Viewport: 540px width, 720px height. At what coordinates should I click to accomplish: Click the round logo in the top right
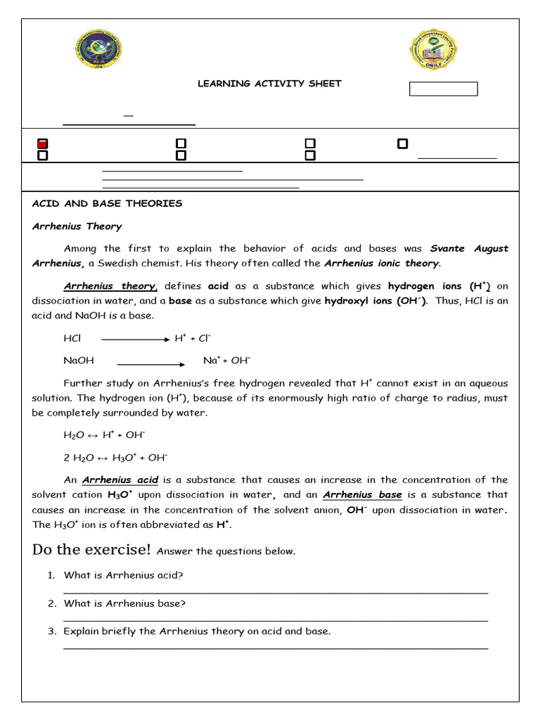[x=435, y=50]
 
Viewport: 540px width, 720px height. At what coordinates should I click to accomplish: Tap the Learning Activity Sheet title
[x=269, y=84]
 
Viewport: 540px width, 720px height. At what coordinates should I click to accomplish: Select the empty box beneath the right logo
[x=443, y=89]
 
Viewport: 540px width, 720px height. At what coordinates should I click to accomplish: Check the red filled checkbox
[x=42, y=144]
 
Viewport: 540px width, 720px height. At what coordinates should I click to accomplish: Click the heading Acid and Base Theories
[x=107, y=204]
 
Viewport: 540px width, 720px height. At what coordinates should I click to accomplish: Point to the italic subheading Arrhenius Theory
[x=77, y=226]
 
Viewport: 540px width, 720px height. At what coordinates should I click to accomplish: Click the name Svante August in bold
[x=469, y=249]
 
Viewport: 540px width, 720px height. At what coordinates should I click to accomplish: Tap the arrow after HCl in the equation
[x=136, y=339]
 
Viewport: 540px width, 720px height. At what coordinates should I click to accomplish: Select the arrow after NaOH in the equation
[x=150, y=364]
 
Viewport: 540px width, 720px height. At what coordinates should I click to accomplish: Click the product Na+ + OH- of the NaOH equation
[x=226, y=361]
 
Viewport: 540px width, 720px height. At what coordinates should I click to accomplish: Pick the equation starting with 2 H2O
[x=115, y=458]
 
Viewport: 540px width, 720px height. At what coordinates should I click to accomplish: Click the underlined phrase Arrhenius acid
[x=120, y=480]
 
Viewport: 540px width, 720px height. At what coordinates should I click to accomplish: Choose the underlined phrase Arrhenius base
[x=362, y=495]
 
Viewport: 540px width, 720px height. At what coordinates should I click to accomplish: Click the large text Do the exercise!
[x=91, y=549]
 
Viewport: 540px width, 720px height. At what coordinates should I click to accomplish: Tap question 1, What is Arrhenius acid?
[x=123, y=575]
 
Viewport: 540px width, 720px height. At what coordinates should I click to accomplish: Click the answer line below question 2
[x=276, y=620]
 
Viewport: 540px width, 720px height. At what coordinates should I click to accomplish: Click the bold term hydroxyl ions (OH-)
[x=375, y=301]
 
